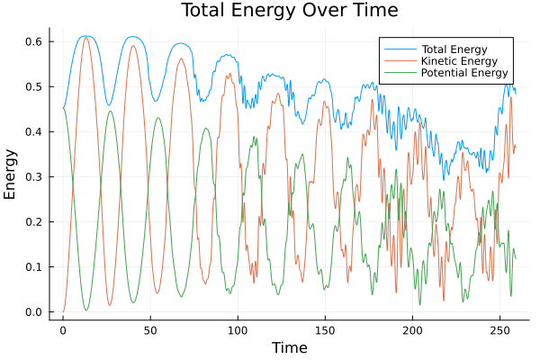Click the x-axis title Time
(x=289, y=347)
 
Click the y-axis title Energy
(x=12, y=174)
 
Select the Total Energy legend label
(x=454, y=49)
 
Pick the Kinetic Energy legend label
(x=457, y=61)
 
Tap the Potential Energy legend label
(x=464, y=73)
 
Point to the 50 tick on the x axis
(x=150, y=330)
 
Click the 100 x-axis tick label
(x=238, y=330)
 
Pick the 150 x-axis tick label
(x=325, y=330)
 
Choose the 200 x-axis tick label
(x=412, y=330)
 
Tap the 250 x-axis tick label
(x=499, y=330)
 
